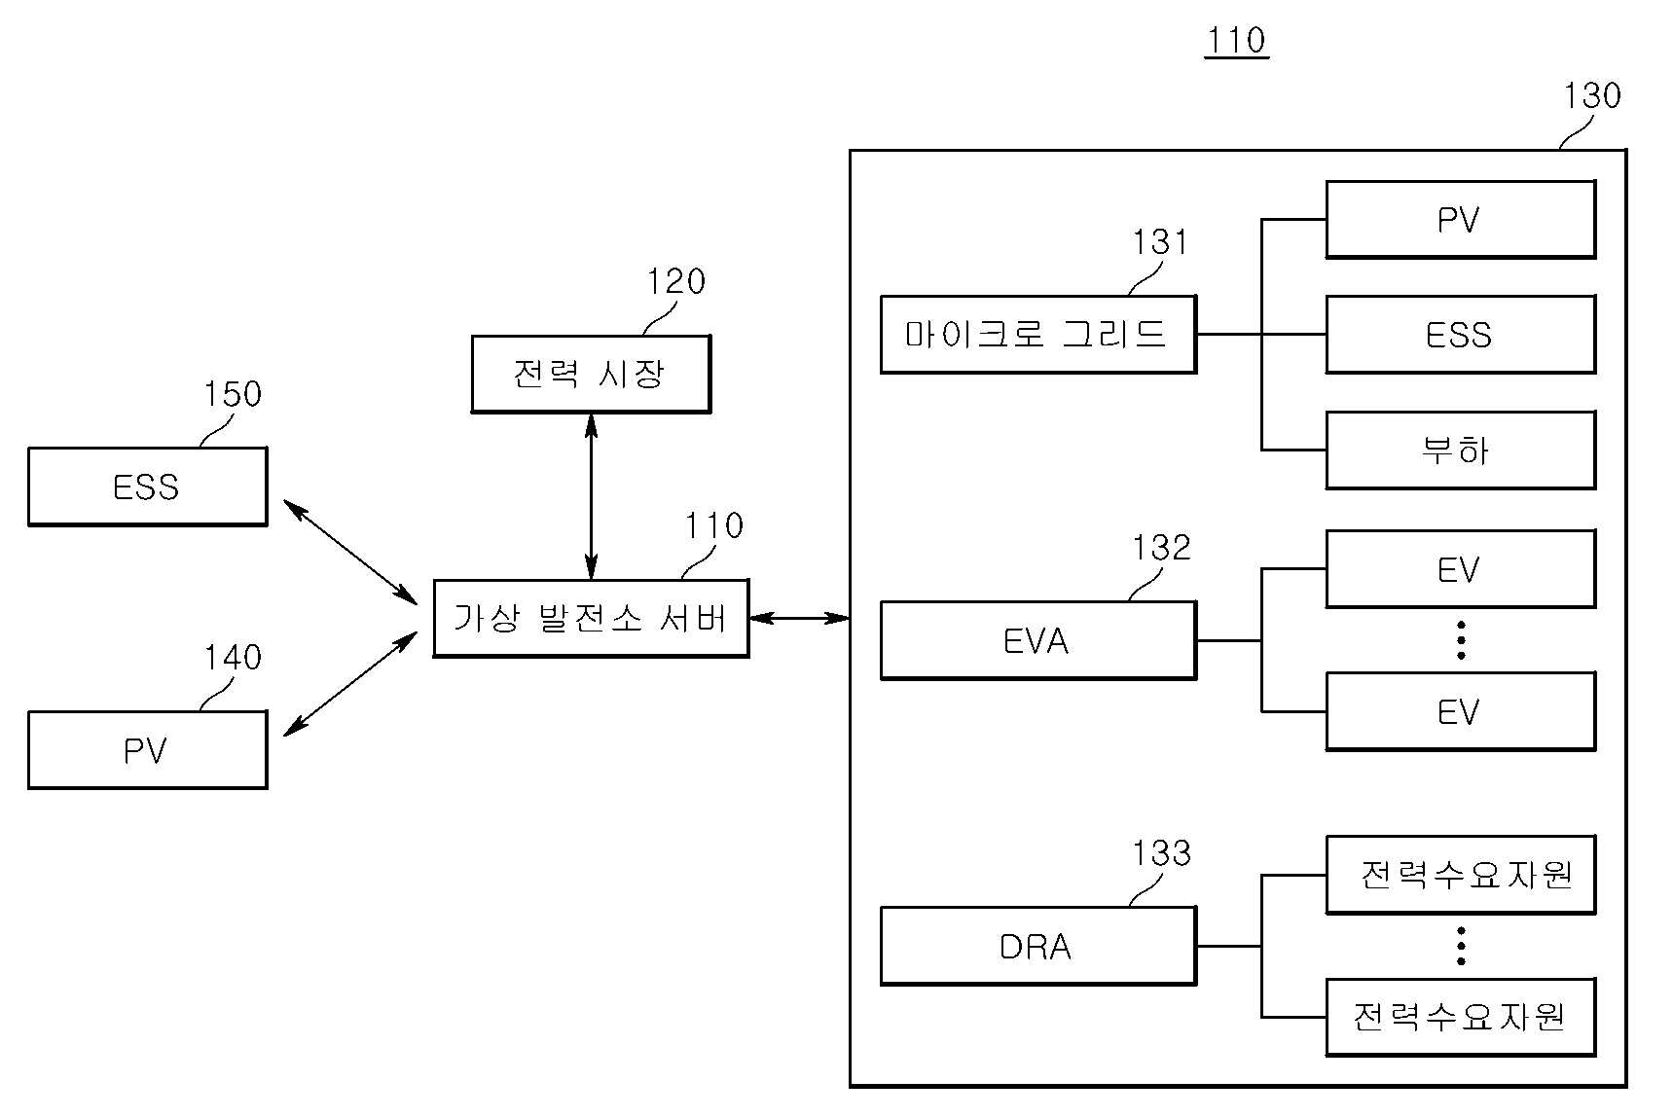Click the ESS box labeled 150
(148, 487)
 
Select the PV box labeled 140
(148, 749)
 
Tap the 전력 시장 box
(591, 374)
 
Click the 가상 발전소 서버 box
(591, 618)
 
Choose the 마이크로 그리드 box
(1038, 335)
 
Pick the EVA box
(1038, 640)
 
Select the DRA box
(1038, 946)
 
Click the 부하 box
(1461, 450)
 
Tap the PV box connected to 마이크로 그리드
(1461, 219)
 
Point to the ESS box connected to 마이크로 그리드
(1461, 335)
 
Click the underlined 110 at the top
(1236, 41)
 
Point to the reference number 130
(1592, 95)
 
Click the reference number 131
(1160, 241)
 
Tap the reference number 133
(1161, 853)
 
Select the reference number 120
(676, 282)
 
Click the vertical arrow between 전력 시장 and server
(591, 496)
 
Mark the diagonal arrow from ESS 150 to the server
(350, 551)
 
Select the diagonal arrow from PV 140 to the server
(350, 684)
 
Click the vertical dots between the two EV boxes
(1461, 640)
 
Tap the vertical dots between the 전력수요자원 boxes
(1461, 946)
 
